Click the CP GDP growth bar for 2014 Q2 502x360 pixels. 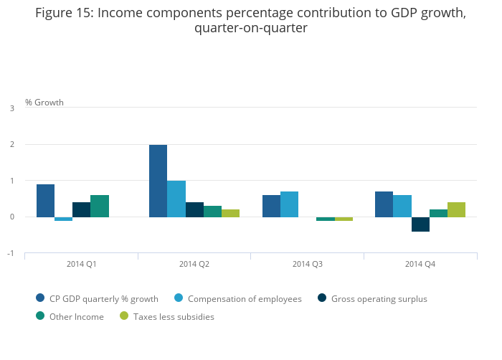pos(158,181)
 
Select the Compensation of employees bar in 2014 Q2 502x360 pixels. pos(176,199)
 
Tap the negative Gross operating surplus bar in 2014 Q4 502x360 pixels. pos(420,224)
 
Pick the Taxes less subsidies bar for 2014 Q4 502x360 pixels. pos(456,209)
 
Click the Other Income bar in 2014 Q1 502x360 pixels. pos(100,206)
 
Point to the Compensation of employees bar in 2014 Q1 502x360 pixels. pos(63,219)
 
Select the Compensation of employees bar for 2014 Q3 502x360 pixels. pos(290,204)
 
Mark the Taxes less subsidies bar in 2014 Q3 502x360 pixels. pos(344,219)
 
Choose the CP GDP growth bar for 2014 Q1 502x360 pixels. pos(45,201)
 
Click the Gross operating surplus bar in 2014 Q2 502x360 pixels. pos(194,209)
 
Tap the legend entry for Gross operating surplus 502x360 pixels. pos(379,298)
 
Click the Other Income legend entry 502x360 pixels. pos(76,316)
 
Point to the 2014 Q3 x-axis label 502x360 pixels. pos(308,264)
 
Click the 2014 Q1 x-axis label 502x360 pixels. pos(82,264)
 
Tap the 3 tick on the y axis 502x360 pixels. pos(12,108)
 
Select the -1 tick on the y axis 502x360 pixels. pos(11,253)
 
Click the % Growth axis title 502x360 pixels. pos(44,102)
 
